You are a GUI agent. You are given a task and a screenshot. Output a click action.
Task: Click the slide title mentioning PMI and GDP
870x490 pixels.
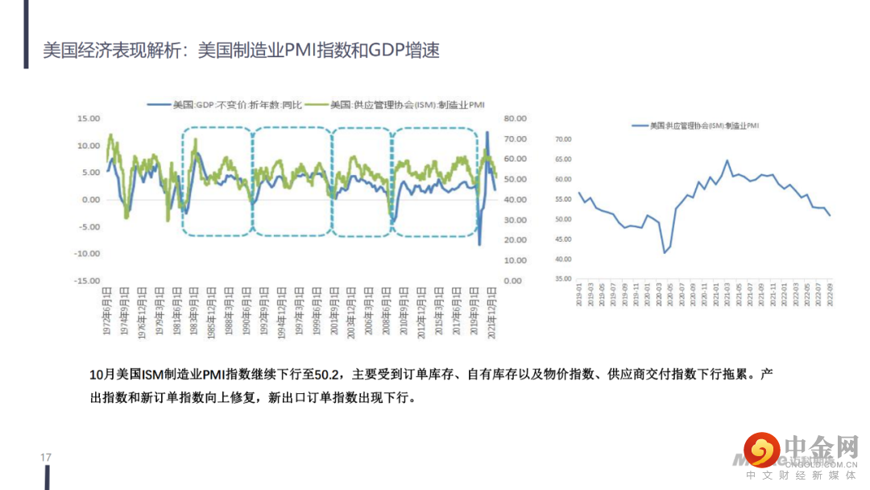(241, 50)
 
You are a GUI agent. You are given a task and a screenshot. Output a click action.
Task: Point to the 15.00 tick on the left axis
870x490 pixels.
(88, 118)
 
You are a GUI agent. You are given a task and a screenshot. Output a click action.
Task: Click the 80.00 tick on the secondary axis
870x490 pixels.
(515, 118)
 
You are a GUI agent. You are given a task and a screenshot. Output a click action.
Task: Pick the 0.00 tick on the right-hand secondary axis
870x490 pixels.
(513, 281)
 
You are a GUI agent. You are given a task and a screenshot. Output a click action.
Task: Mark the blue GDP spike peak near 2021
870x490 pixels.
(487, 132)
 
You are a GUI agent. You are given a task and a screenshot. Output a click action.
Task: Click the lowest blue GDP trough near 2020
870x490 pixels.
(479, 243)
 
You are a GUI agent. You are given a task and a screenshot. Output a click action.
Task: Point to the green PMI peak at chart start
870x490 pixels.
(110, 135)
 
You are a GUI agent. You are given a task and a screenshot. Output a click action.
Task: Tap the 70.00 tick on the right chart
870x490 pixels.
(562, 139)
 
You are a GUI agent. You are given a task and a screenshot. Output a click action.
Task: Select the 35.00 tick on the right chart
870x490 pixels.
(562, 279)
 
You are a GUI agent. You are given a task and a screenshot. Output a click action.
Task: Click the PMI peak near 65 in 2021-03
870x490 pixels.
(727, 160)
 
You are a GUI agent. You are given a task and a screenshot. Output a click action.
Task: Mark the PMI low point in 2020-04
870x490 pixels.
(665, 253)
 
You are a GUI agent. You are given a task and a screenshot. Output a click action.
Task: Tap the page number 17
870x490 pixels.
(46, 458)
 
